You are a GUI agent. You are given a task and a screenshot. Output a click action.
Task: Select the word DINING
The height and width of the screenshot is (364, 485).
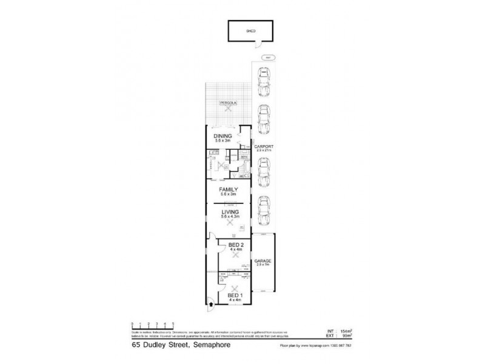(x=222, y=135)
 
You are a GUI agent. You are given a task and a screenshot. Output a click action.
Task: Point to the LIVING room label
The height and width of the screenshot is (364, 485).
(x=229, y=212)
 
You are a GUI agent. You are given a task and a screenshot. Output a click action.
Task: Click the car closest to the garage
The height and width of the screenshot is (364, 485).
(x=264, y=209)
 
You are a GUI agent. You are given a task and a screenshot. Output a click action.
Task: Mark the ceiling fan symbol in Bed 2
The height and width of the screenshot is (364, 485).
(x=233, y=256)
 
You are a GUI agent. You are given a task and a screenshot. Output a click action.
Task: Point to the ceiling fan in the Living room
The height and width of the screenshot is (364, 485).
(x=229, y=223)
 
